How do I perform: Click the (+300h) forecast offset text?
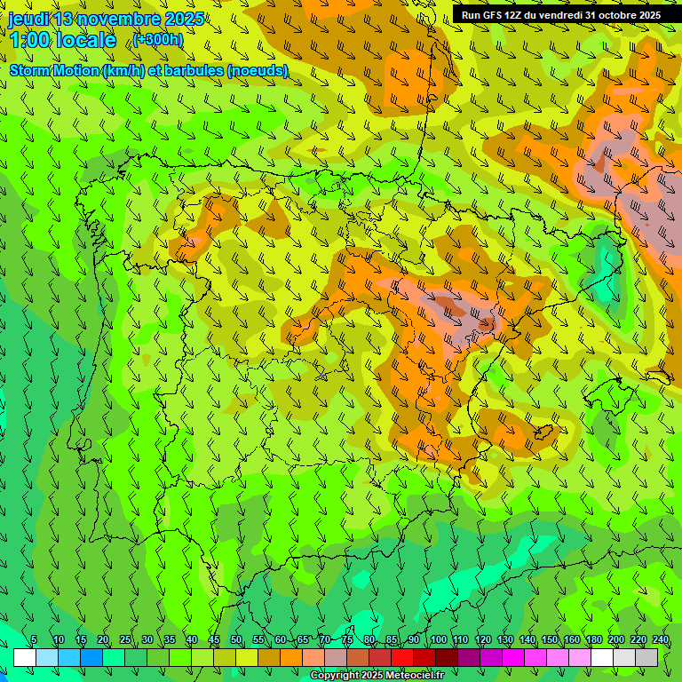(157, 40)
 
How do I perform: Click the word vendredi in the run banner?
(557, 15)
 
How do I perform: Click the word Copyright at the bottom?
(335, 676)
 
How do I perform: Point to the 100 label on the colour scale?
(437, 640)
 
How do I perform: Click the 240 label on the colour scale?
(659, 640)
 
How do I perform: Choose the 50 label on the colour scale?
(236, 640)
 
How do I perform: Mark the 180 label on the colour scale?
(592, 640)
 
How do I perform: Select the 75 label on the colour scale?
(347, 640)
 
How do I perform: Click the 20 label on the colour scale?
(103, 640)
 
